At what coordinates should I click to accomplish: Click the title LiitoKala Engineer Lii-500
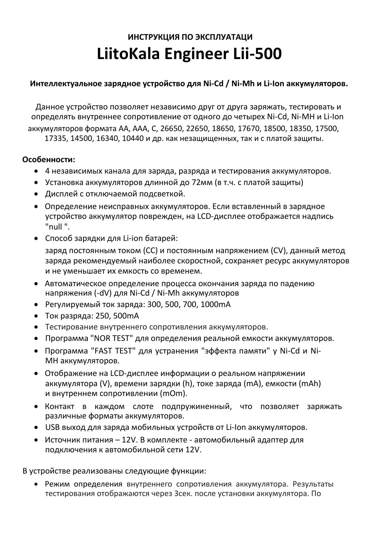[x=189, y=54]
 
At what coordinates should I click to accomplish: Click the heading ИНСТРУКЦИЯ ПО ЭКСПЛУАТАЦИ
[x=190, y=37]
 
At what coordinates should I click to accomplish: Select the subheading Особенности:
[x=48, y=159]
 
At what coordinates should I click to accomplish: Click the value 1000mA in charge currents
[x=215, y=304]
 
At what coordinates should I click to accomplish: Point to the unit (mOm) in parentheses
[x=173, y=393]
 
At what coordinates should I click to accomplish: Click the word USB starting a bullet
[x=53, y=427]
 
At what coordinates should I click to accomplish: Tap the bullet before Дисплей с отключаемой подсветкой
[x=36, y=194]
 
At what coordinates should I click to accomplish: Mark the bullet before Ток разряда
[x=36, y=316]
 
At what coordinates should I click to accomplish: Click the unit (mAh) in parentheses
[x=310, y=383]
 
